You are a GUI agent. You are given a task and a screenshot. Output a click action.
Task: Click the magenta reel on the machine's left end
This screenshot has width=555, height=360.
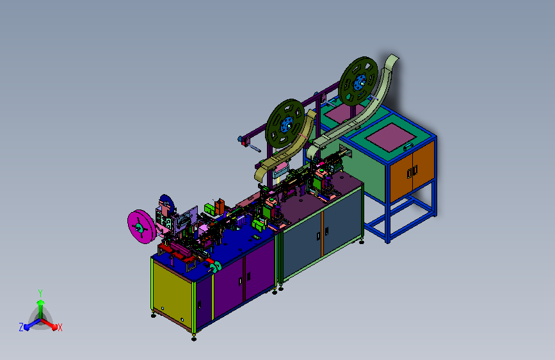tap(141, 226)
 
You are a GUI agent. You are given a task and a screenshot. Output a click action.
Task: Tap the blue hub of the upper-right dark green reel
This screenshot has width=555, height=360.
tap(359, 83)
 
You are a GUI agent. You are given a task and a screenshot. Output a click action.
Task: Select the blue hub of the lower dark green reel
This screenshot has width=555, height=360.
tap(286, 125)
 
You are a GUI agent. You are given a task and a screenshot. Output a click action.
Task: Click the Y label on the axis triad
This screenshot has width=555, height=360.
tap(40, 293)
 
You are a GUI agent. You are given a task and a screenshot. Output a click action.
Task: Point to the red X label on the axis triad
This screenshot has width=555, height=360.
tap(60, 328)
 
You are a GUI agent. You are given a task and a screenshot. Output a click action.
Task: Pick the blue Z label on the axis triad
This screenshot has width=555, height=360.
tap(21, 327)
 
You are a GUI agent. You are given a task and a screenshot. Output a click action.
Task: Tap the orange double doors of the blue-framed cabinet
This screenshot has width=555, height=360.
tap(412, 172)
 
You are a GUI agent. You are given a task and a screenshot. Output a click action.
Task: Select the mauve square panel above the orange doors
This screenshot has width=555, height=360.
tap(390, 138)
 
